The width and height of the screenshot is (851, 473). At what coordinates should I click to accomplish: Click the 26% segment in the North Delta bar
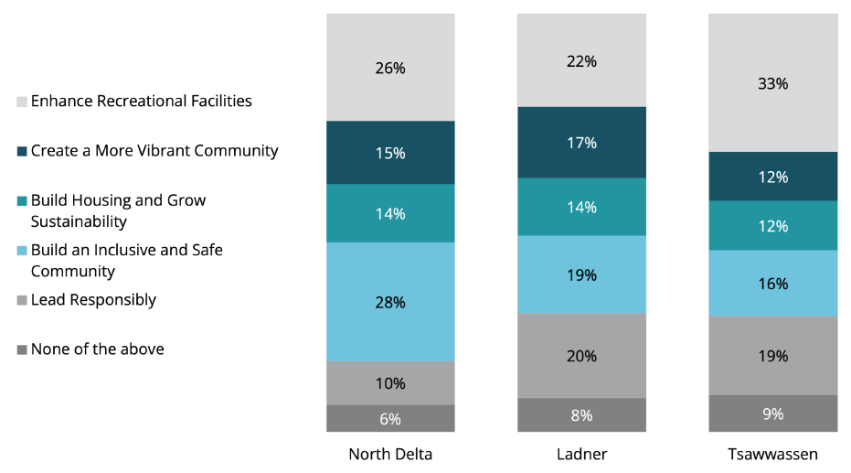390,68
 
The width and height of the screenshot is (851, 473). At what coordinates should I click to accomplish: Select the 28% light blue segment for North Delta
390,302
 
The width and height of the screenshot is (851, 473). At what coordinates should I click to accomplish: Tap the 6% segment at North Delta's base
390,419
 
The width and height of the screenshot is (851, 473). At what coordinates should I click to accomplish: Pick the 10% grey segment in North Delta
390,383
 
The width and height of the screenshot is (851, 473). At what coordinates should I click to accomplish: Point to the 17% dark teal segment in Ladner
581,143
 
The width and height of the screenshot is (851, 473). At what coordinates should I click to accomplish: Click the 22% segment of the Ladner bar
581,61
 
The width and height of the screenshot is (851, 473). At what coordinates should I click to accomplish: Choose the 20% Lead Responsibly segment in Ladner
581,356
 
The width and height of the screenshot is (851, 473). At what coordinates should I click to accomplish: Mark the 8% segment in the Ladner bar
581,414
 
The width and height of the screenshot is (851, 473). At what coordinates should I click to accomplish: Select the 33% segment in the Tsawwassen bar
772,83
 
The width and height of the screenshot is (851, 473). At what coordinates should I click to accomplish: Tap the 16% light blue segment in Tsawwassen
772,284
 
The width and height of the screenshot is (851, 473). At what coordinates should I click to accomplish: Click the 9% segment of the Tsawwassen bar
772,414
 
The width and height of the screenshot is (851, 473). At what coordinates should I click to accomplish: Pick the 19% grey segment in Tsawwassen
772,356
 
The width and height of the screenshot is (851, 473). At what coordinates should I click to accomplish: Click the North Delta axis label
390,454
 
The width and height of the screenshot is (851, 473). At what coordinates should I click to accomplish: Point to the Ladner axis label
581,454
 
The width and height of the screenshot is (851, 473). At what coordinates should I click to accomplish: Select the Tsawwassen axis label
772,454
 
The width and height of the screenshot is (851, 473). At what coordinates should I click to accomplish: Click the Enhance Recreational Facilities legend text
142,102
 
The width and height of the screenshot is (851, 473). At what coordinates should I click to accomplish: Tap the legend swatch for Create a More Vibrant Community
22,151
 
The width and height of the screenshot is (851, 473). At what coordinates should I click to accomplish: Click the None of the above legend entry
97,349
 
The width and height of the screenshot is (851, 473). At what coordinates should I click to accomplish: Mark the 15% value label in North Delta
390,153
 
